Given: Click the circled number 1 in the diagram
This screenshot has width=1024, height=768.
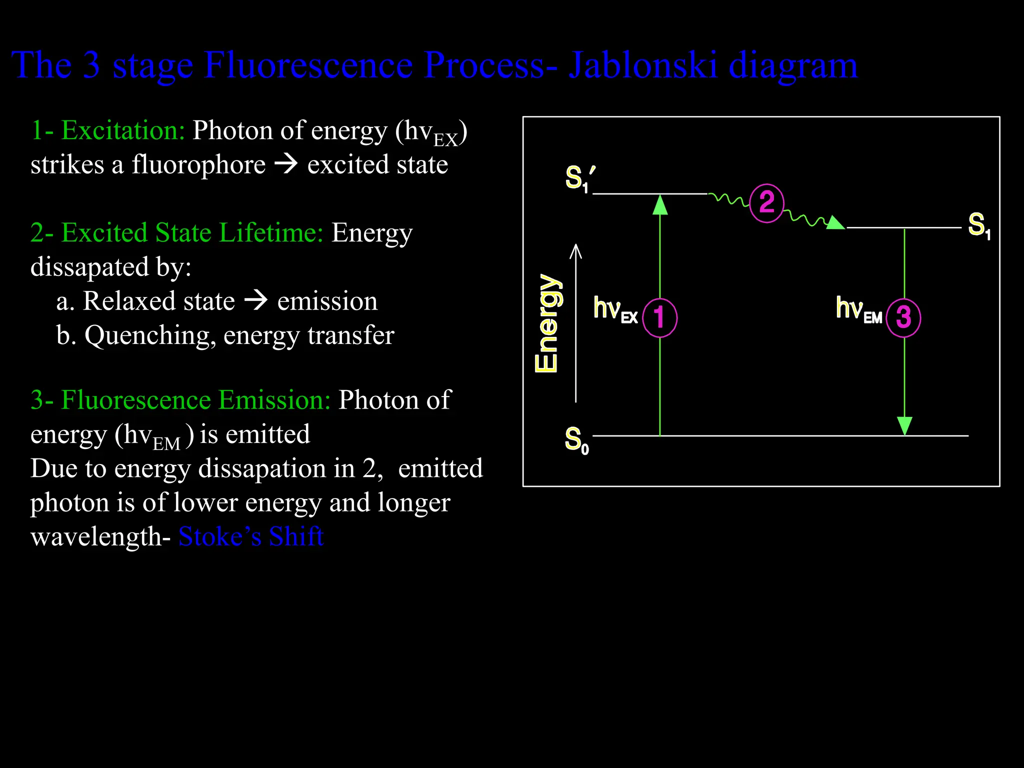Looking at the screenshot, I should click(659, 317).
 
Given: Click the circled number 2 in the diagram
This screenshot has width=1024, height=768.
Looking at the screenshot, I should click(766, 203).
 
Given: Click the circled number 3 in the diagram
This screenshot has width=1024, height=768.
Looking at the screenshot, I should click(903, 317).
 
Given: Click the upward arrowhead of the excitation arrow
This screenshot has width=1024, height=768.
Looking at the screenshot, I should click(660, 205).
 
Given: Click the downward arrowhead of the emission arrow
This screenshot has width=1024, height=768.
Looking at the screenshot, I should click(904, 425).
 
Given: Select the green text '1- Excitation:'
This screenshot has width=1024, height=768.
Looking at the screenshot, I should click(107, 130).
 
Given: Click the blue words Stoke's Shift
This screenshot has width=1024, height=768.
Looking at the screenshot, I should click(251, 536).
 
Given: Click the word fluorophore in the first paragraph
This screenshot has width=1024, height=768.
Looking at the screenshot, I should click(198, 165).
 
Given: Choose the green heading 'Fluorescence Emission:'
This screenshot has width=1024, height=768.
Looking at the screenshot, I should click(195, 400).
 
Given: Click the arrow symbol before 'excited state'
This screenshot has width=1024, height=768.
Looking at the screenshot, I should click(286, 164).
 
